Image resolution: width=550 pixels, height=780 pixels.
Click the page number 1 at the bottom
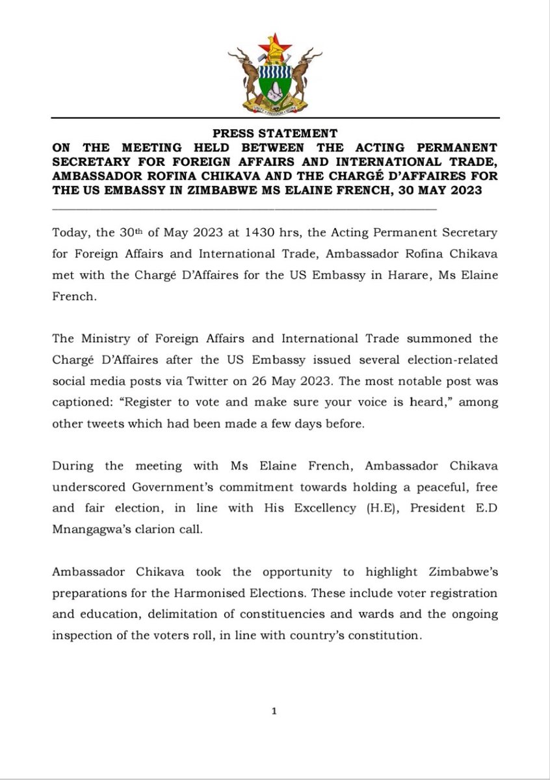pos(275,712)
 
